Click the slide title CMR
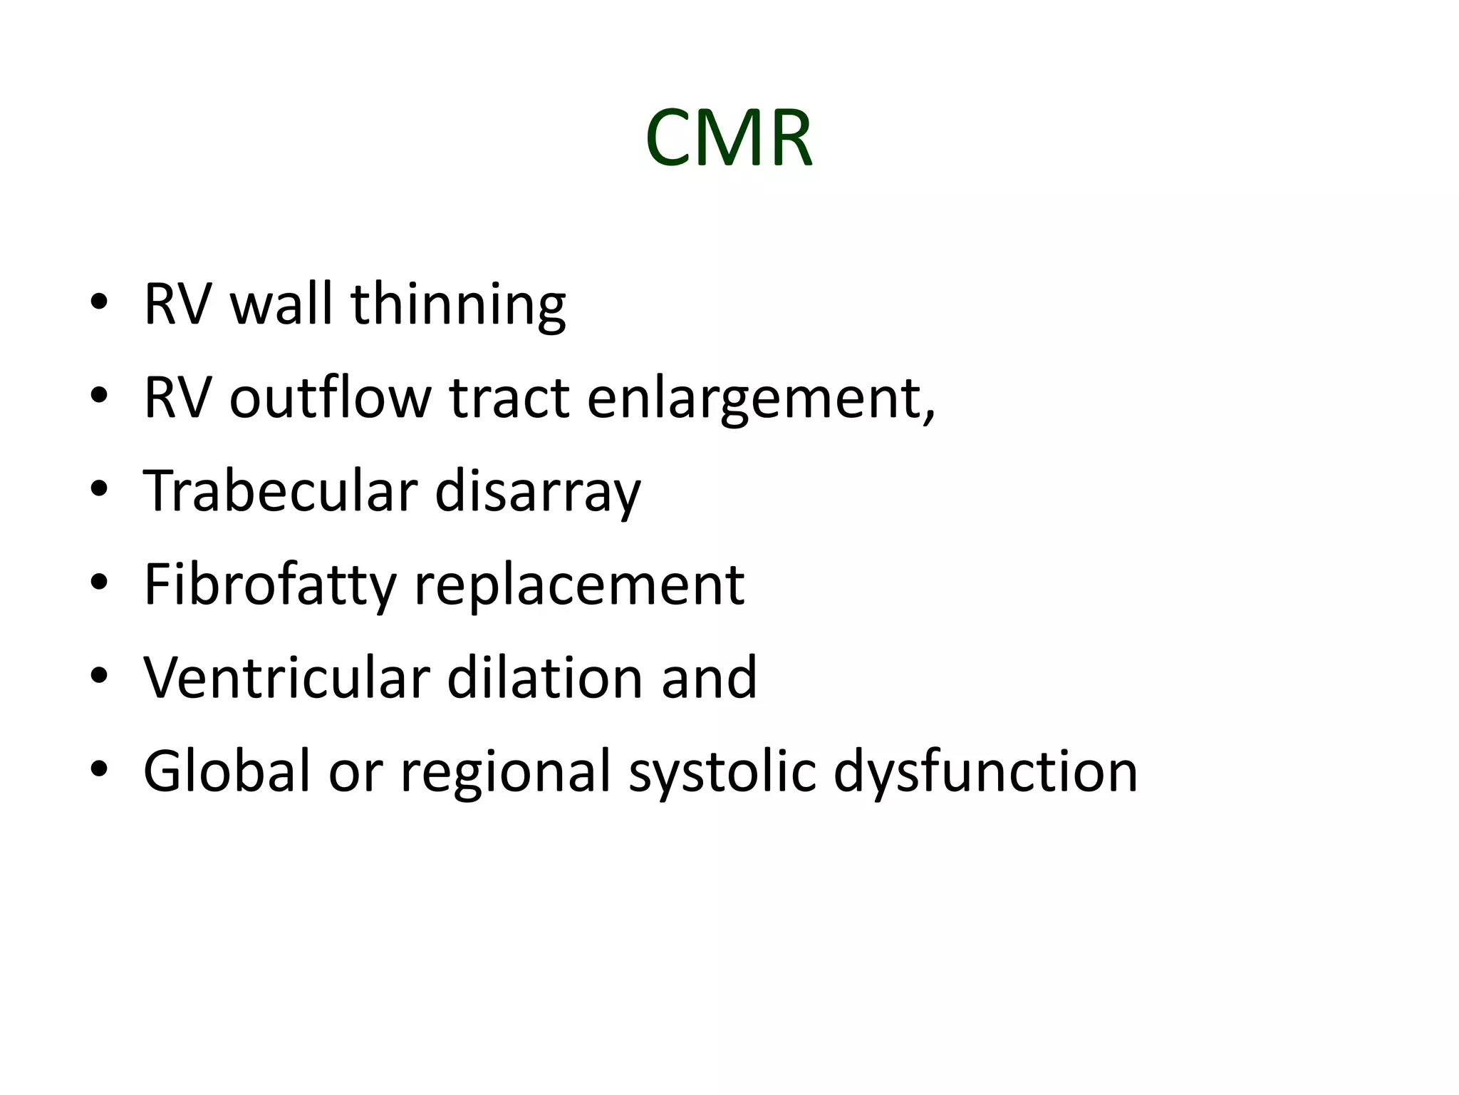(x=728, y=138)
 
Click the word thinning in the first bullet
(x=458, y=304)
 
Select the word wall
(x=281, y=304)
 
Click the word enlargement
(x=759, y=399)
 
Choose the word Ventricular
(x=286, y=678)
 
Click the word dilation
(x=545, y=678)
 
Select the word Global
(x=227, y=771)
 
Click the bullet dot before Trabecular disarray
(x=99, y=490)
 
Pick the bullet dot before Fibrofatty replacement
(x=99, y=583)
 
